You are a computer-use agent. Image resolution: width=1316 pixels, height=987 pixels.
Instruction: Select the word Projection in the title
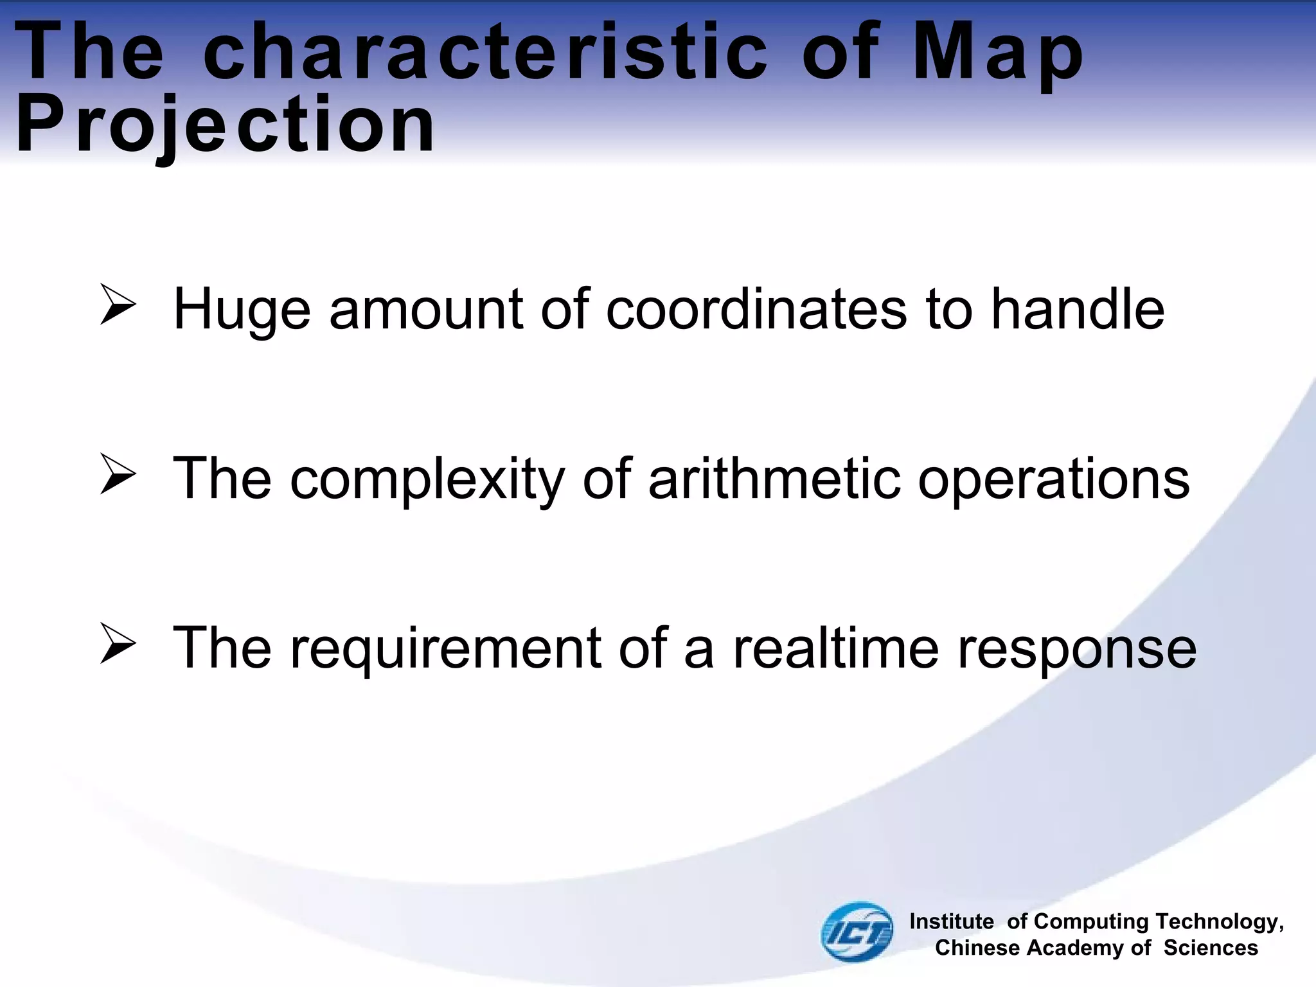225,125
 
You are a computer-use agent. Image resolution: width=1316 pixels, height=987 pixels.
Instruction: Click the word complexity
427,479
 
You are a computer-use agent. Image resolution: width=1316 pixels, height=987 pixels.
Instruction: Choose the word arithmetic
774,478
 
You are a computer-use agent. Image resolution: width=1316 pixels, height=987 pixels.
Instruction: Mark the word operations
1053,479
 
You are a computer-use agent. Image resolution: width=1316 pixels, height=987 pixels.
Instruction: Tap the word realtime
836,648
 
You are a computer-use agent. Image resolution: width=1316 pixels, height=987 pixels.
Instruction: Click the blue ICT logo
857,931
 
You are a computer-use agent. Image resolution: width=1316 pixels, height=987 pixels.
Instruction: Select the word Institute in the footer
952,921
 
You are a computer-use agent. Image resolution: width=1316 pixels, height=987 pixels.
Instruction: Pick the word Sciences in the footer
1211,948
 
